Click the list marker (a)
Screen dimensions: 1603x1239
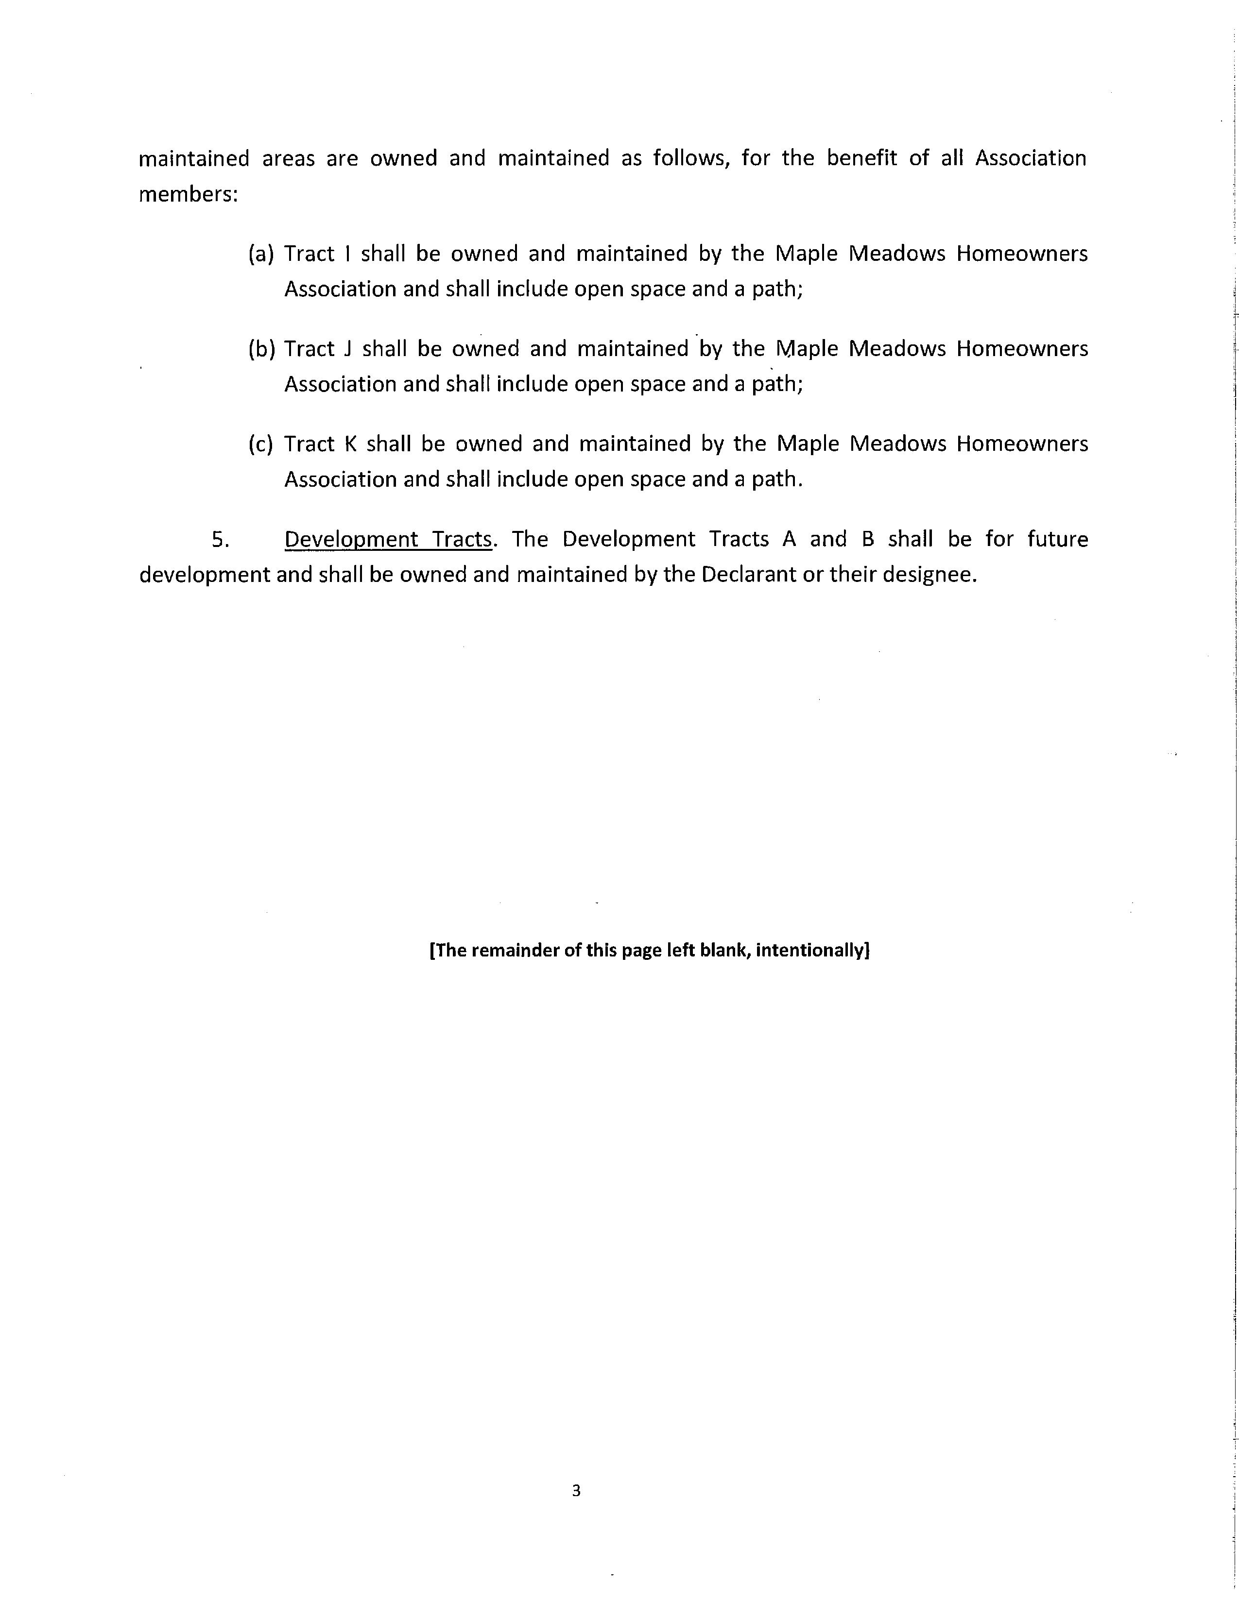click(260, 254)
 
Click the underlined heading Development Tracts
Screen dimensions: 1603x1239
click(388, 540)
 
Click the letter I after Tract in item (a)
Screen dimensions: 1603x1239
click(347, 254)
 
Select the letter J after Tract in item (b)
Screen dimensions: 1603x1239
click(349, 349)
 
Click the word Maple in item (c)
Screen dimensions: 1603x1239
click(807, 444)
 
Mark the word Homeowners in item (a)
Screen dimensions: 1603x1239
click(1022, 254)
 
